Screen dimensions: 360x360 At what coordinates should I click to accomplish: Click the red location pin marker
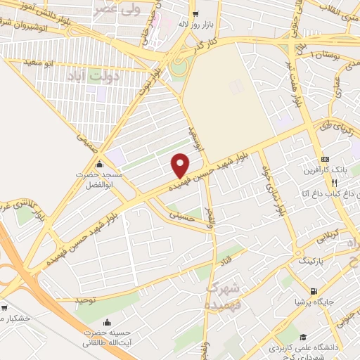[x=180, y=165]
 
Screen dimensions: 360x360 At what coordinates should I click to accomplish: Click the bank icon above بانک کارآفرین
[x=326, y=158]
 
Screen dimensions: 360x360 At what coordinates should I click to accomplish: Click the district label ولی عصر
[x=113, y=10]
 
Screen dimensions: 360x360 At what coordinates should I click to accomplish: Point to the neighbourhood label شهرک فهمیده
[x=226, y=295]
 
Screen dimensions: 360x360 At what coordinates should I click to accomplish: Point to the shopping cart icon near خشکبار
[x=6, y=307]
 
